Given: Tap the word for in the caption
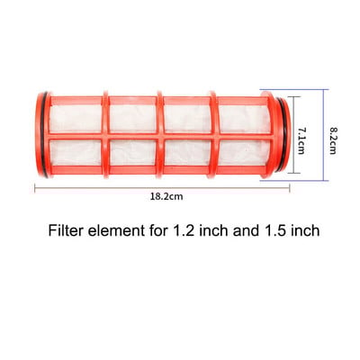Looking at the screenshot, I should (159, 231).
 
